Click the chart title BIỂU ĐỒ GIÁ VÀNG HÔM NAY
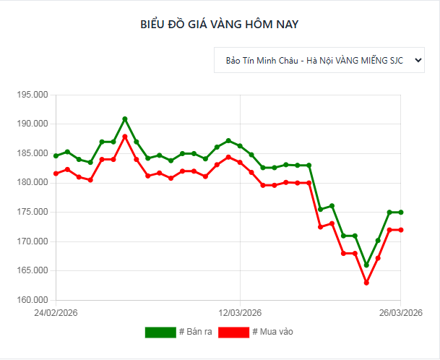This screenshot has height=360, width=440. coord(219,24)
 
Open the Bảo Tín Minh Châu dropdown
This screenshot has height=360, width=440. coord(319,61)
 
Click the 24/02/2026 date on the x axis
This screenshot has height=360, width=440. coord(56,313)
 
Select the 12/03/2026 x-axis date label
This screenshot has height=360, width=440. coord(240,313)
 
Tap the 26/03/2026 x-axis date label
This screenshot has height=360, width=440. coord(400,313)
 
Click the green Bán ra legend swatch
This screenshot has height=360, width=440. coord(160,333)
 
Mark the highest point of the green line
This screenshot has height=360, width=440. coord(125,119)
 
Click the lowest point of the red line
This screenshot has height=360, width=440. coord(366,283)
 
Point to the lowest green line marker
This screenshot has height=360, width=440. coord(366,265)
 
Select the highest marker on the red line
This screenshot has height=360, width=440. coord(125,137)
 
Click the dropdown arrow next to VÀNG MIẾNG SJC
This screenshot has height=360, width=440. coord(417,61)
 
